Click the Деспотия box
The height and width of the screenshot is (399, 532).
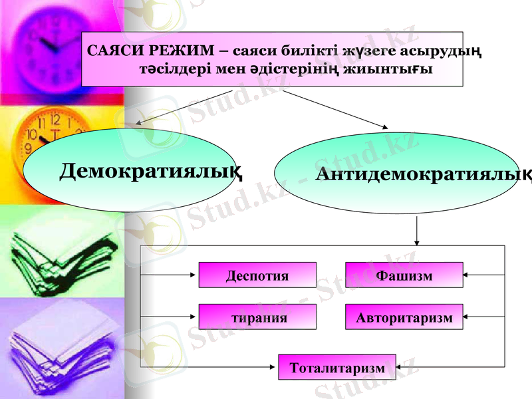point(257,275)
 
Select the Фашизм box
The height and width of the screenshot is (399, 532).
point(404,275)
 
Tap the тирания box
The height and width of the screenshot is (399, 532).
point(257,317)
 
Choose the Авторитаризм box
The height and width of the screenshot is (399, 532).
point(404,317)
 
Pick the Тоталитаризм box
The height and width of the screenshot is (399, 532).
point(336,368)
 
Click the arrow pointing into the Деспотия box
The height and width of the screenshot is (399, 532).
point(170,274)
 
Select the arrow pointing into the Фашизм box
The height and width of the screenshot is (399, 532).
point(484,274)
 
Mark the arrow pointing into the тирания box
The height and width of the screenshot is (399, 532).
point(170,317)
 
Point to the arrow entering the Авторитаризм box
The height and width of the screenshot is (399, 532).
point(484,317)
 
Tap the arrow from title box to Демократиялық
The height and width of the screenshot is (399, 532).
point(183,107)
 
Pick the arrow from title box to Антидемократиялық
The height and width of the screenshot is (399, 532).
point(336,108)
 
